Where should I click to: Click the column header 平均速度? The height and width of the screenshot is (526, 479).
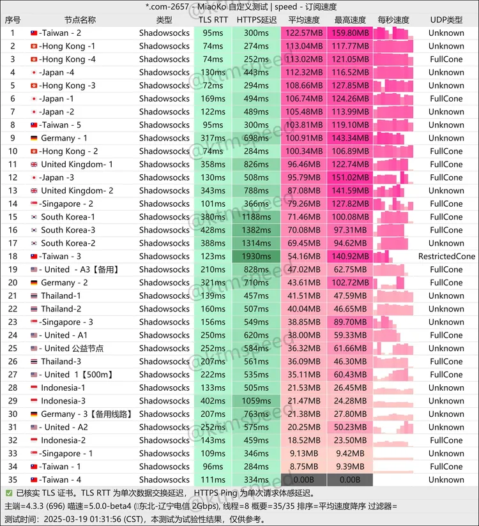coord(303,20)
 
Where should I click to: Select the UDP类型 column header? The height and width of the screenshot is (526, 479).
coord(446,20)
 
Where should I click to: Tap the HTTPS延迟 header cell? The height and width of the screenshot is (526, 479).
coord(256,20)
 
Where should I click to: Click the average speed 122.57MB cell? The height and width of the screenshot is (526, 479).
coord(303,33)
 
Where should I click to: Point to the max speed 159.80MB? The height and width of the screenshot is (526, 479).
coord(350,33)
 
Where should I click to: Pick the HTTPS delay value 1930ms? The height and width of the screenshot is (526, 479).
coord(256,256)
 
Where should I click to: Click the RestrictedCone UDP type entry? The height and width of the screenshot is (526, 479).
coord(446,256)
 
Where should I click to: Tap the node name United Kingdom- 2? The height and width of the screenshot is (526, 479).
coord(77,190)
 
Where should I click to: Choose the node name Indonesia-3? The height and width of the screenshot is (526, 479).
coord(63,401)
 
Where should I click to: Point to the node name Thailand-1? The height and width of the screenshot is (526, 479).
coord(61,296)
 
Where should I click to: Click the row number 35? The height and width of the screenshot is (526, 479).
coord(12,479)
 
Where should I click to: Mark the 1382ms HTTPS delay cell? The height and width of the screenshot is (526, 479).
coord(256,230)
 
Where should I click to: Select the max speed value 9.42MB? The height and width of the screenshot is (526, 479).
coord(350,453)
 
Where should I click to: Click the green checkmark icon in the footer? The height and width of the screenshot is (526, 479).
coord(8,493)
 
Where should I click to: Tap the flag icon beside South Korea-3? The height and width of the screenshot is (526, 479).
coord(34,230)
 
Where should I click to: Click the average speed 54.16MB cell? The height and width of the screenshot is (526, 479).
coord(303,256)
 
